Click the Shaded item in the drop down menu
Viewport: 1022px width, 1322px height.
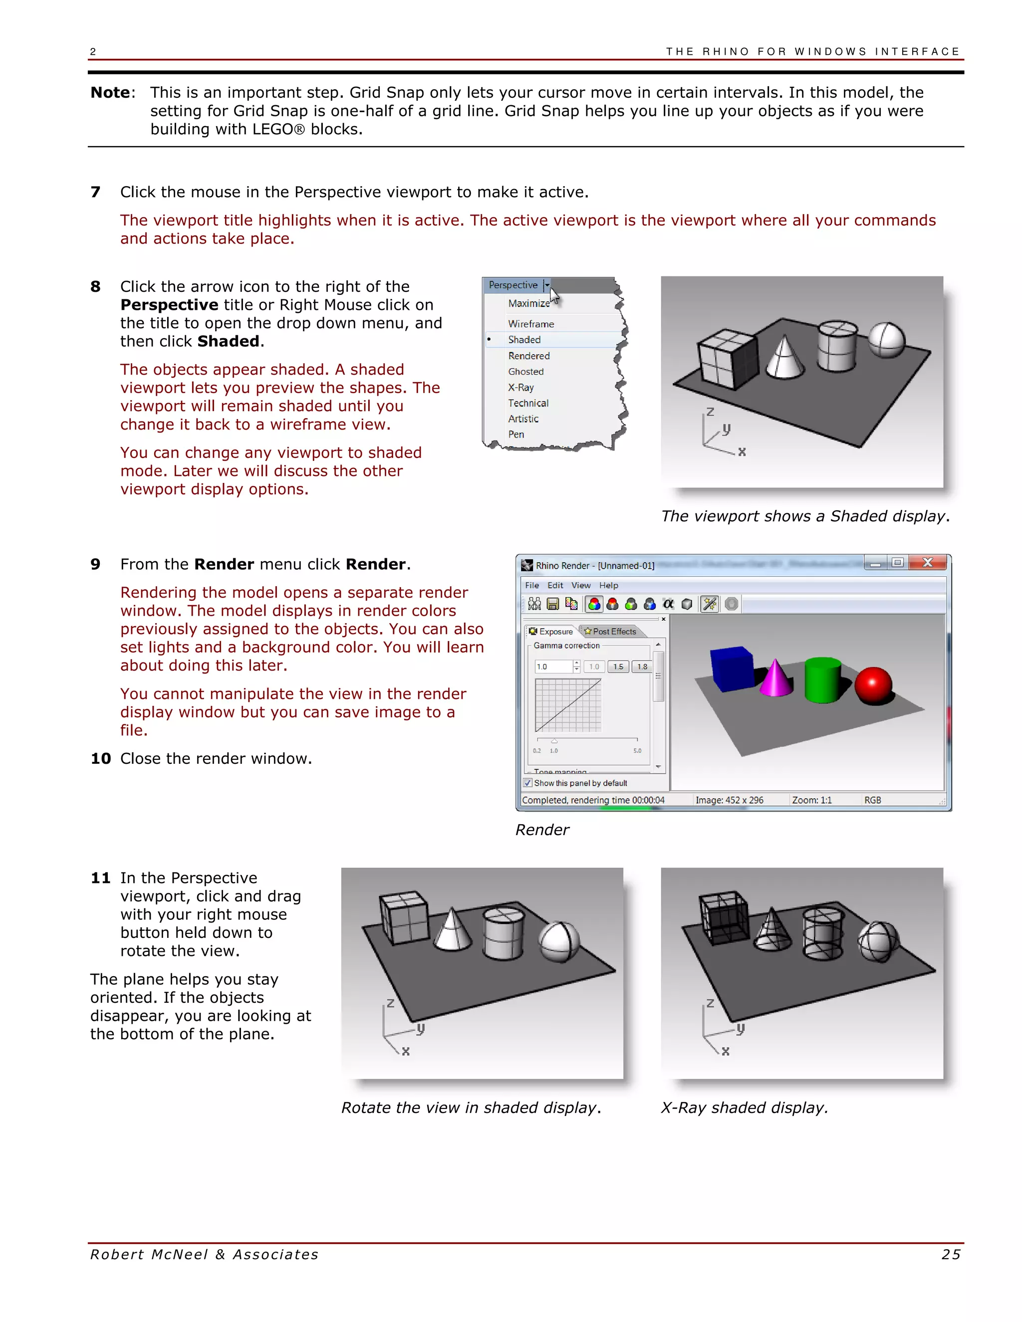[524, 340]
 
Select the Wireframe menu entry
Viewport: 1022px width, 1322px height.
[530, 324]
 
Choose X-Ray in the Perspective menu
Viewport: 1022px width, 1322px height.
[520, 388]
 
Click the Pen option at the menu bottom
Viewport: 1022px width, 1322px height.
[516, 434]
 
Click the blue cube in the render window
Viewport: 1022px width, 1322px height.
[732, 668]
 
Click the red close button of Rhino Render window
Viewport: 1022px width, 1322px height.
[927, 562]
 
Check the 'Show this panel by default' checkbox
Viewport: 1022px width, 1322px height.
[528, 783]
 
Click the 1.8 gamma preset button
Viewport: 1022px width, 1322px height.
[642, 666]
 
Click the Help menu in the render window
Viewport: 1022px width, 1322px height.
[608, 585]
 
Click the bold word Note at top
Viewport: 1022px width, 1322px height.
[110, 93]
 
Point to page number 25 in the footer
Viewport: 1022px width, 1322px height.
[951, 1255]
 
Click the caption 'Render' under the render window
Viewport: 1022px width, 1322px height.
[542, 830]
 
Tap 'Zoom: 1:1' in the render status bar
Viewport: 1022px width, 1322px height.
[811, 800]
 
